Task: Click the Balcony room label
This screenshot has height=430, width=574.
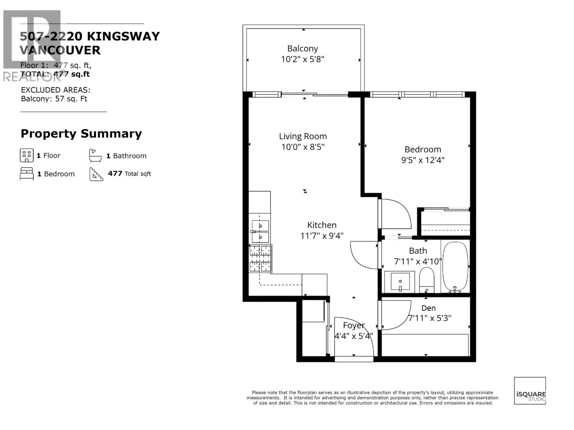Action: [303, 49]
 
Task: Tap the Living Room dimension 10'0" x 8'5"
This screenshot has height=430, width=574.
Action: [303, 147]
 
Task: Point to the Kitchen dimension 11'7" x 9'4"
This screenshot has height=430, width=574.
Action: [322, 236]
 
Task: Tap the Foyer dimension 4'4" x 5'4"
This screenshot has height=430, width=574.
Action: [353, 336]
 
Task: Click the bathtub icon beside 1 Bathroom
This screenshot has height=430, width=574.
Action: [95, 156]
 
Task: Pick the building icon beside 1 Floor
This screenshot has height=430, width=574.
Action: [27, 155]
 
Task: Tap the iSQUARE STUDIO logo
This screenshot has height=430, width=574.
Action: [530, 391]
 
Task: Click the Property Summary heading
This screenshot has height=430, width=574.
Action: [81, 134]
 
